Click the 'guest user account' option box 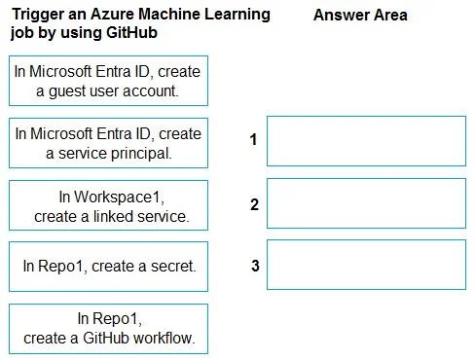coord(108,81)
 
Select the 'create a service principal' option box coord(108,143)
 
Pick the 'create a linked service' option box coord(108,205)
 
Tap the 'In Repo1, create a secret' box coord(108,267)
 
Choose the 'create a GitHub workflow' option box coord(108,329)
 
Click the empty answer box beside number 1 coord(366,141)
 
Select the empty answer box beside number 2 coord(366,203)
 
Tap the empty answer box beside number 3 coord(366,265)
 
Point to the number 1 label coord(253,139)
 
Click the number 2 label coord(254,204)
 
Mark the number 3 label coord(255,266)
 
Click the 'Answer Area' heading coord(360,15)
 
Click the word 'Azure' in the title coord(112,14)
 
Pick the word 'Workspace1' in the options coord(119,198)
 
